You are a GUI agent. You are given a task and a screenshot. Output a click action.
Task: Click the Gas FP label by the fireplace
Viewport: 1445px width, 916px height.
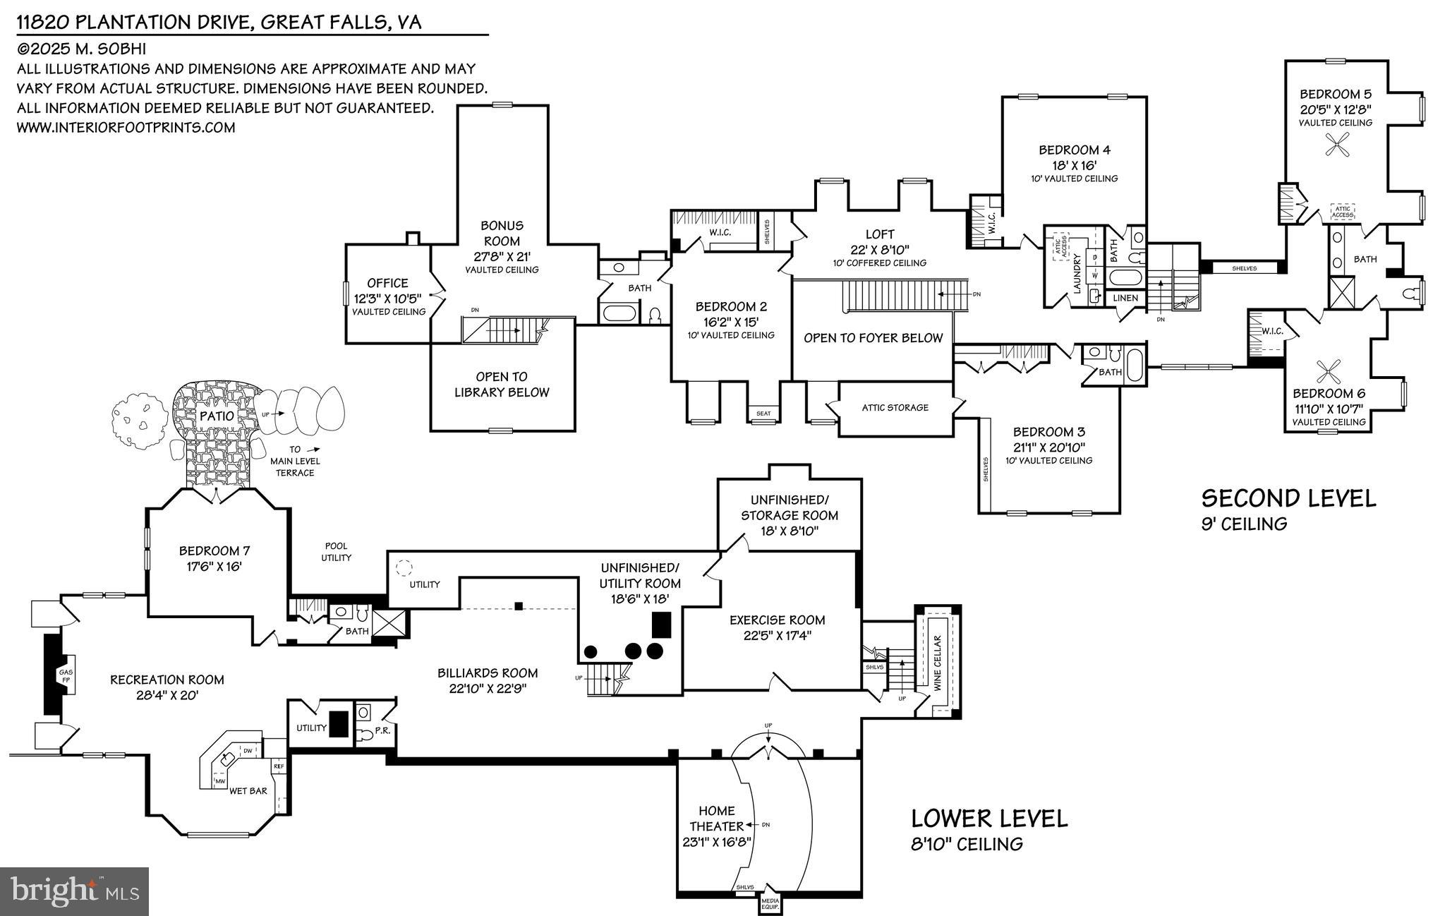coord(66,676)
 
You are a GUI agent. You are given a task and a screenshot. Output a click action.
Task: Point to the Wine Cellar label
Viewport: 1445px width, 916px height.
coord(938,663)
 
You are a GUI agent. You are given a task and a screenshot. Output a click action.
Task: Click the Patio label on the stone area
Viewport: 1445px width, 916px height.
coord(217,416)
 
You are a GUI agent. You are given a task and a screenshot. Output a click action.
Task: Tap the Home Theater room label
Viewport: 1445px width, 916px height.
coord(717,819)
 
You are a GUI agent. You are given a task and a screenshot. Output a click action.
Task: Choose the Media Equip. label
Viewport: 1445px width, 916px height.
coord(769,904)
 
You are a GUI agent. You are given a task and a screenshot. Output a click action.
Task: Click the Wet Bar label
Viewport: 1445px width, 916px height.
coord(248,791)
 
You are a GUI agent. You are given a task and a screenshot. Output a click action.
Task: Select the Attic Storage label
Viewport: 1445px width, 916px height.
coord(895,407)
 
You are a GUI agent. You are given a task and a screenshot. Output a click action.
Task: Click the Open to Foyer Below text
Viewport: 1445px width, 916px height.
coord(873,338)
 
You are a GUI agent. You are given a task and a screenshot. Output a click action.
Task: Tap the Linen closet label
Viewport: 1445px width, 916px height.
coord(1125,298)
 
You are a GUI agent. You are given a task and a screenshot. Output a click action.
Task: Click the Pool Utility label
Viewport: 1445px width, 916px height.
coord(337,552)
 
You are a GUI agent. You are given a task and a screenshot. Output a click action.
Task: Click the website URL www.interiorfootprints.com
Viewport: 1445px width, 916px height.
coord(126,128)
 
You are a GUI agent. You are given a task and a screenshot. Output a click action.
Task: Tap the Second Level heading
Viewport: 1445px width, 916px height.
coord(1288,498)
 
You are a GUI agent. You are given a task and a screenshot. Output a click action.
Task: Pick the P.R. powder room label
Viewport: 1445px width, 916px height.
coord(382,731)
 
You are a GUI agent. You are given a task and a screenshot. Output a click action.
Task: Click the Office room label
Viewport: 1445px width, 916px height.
coord(387,283)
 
